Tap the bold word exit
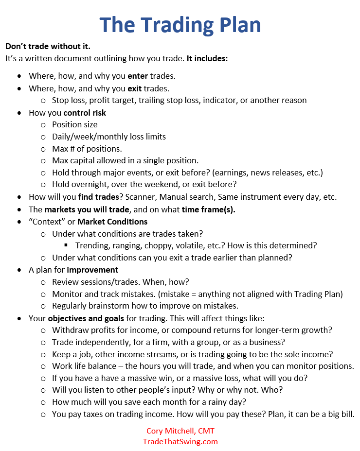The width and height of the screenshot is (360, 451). click(136, 88)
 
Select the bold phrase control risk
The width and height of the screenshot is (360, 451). click(85, 113)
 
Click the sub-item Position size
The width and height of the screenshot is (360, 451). click(75, 124)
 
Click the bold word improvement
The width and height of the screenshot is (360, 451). click(92, 270)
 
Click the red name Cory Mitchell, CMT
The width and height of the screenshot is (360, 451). click(180, 431)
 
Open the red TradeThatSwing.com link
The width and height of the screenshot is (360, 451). click(180, 441)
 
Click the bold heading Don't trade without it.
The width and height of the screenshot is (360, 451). click(48, 47)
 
